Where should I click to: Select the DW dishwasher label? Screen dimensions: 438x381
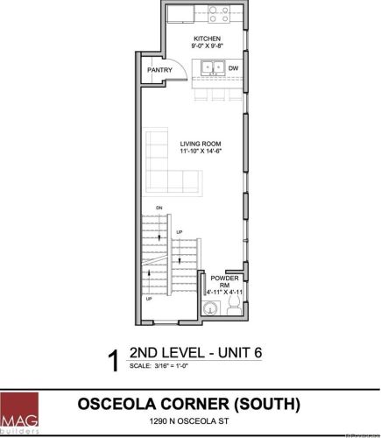(x=234, y=67)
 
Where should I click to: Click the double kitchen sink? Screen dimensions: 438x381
(x=210, y=67)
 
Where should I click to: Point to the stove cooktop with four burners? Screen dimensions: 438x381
(x=217, y=17)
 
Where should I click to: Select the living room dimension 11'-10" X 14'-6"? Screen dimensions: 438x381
(x=200, y=152)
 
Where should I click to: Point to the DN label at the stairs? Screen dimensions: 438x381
(x=159, y=208)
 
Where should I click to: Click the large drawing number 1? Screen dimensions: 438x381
(x=112, y=361)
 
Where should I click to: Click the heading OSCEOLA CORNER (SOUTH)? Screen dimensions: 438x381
(x=189, y=404)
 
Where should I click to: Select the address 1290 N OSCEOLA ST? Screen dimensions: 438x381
(x=189, y=422)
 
